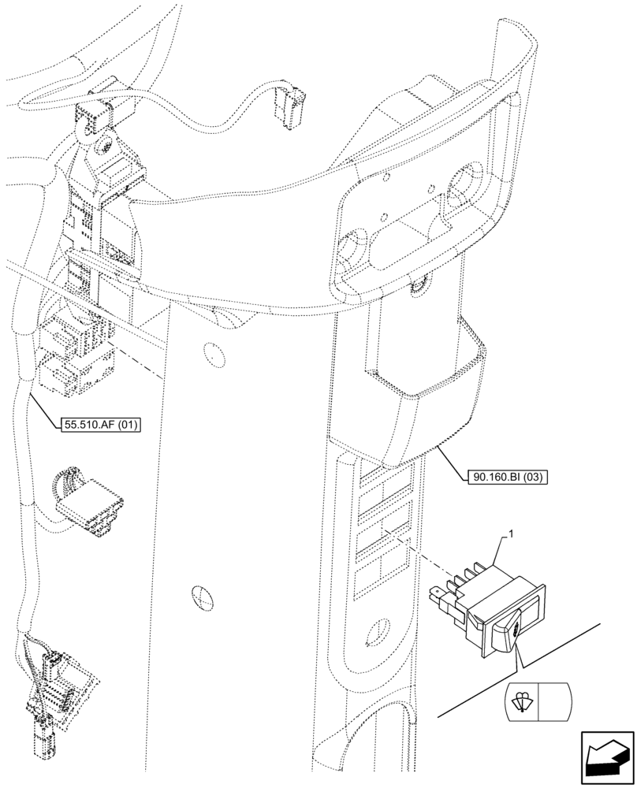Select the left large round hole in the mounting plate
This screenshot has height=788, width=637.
[x=350, y=247]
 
